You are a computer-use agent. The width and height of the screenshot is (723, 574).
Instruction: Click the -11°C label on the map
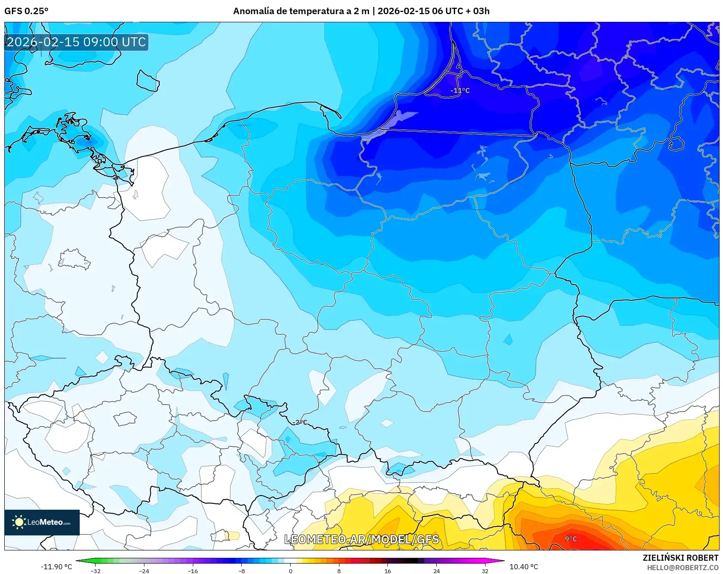click(460, 90)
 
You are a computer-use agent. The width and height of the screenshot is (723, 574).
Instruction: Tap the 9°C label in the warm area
click(571, 539)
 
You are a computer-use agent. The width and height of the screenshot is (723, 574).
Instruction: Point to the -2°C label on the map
click(300, 422)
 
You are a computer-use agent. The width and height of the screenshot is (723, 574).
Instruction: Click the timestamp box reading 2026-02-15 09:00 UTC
click(76, 42)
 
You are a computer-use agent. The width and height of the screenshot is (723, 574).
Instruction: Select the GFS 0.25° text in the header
click(26, 11)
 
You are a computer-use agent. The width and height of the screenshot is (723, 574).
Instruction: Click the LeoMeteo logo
click(42, 522)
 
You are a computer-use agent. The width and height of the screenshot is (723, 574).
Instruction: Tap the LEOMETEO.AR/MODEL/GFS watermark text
click(362, 539)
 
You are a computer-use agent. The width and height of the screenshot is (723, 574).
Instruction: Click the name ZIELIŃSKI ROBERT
click(680, 558)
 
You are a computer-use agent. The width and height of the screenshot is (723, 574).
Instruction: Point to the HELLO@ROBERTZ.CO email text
click(682, 568)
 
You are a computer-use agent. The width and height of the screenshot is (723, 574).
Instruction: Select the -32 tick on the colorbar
click(96, 571)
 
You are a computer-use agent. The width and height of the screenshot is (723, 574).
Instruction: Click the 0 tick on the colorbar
click(290, 571)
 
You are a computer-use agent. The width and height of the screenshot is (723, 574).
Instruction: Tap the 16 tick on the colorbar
click(387, 571)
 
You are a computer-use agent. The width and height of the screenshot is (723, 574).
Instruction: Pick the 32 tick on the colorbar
click(485, 571)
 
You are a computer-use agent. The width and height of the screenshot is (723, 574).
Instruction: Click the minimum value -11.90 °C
click(56, 567)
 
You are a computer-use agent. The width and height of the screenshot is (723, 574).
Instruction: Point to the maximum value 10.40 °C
click(523, 567)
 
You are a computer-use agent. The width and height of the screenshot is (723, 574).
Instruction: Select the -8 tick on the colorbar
click(242, 571)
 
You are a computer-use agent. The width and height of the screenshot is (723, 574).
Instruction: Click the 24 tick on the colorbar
click(436, 571)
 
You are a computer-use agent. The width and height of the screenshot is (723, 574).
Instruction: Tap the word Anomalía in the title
click(253, 11)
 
